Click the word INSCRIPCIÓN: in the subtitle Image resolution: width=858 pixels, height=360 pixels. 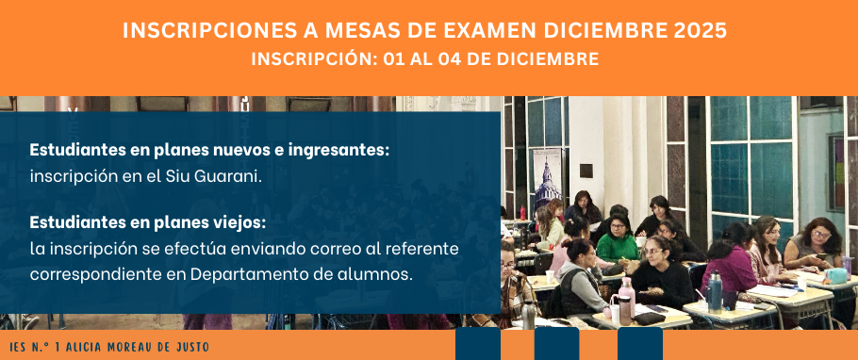tap(314, 59)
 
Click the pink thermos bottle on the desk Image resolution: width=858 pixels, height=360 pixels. tap(627, 294)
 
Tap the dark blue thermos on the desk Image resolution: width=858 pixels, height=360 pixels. tap(714, 293)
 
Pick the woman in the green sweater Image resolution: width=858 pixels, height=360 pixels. tap(618, 239)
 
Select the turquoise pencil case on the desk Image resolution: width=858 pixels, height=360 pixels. tap(835, 275)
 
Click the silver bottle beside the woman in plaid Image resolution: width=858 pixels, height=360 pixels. tap(528, 315)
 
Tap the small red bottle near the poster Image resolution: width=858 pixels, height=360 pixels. tap(522, 212)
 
